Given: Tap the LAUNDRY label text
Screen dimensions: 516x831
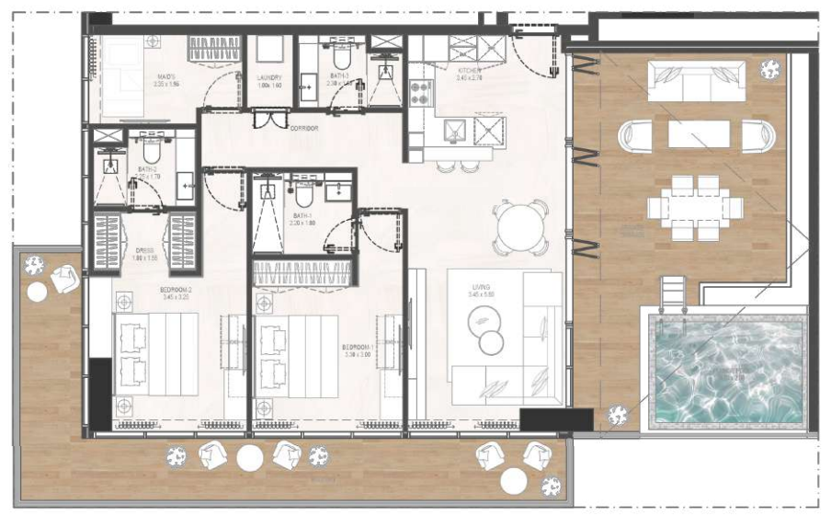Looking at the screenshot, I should coord(269,78).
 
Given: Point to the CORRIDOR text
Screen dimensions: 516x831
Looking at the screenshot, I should coord(303,129).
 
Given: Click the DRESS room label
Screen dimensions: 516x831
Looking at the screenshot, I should coord(145,249).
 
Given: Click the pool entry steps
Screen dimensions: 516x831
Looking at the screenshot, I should coord(672,296).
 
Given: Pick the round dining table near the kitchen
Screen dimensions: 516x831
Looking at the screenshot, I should coord(520,227).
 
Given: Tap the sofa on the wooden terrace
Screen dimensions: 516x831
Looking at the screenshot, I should coord(697,81).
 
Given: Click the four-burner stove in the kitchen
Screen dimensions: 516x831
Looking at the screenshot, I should coord(420,90).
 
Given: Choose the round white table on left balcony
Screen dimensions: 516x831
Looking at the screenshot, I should coord(37,292).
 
